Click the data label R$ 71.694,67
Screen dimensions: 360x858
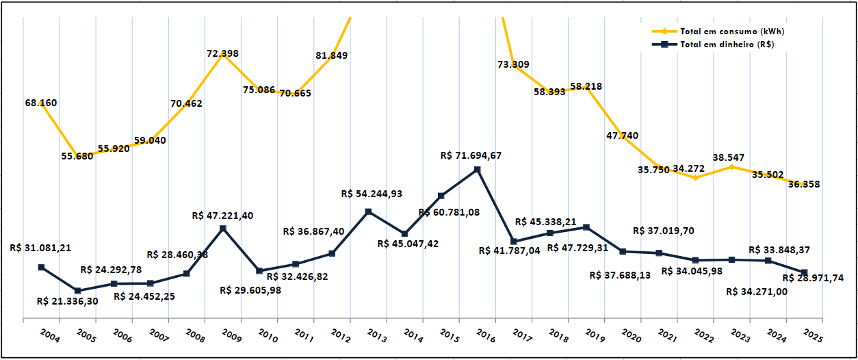pyautogui.click(x=471, y=155)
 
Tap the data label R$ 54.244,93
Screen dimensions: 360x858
pyautogui.click(x=372, y=194)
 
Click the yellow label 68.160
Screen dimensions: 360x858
pyautogui.click(x=41, y=103)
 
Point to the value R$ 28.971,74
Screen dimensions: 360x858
pyautogui.click(x=812, y=278)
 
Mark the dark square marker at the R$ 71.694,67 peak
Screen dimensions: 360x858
pyautogui.click(x=478, y=169)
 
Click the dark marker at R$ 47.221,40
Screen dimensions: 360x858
pyautogui.click(x=223, y=228)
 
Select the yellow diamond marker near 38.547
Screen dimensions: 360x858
pyautogui.click(x=731, y=166)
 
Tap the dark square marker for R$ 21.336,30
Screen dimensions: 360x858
pyautogui.click(x=77, y=291)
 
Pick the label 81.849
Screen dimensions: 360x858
pyautogui.click(x=331, y=55)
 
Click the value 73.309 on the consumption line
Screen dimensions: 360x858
pyautogui.click(x=514, y=65)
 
